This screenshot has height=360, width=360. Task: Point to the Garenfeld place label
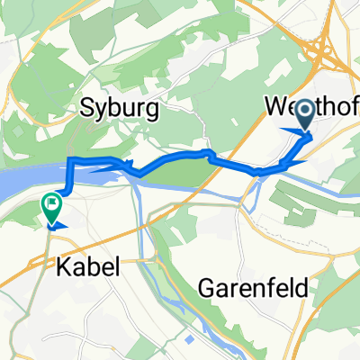coord(253,288)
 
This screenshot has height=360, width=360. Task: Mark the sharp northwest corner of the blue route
coord(70,160)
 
